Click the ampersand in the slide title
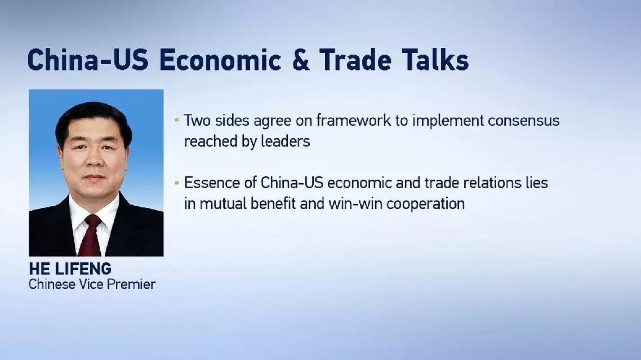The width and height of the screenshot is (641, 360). [300, 60]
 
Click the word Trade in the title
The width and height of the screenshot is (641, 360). [355, 60]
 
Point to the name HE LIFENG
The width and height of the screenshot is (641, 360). [70, 269]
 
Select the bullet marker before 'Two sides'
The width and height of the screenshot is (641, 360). [177, 120]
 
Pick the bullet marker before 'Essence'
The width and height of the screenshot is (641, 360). [177, 183]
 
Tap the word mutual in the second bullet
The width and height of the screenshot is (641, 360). [223, 204]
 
